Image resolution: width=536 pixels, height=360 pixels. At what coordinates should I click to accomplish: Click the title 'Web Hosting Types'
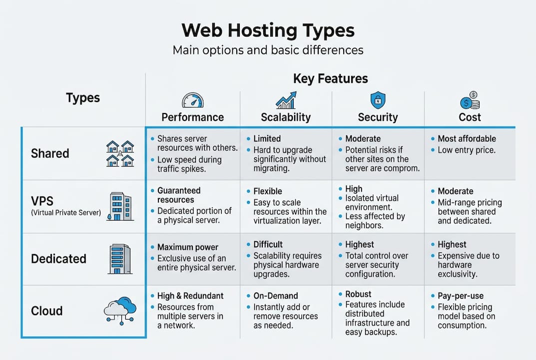268,30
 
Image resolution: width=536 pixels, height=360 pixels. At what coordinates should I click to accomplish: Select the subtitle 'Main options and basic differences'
268,50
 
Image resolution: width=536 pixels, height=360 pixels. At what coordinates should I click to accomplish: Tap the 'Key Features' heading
330,78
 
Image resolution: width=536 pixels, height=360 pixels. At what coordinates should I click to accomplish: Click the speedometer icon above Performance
192,100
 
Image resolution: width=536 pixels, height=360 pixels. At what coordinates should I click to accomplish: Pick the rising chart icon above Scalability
286,100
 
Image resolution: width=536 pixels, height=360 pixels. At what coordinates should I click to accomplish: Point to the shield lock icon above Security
378,100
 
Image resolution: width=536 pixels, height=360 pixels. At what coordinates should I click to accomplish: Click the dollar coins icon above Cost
470,100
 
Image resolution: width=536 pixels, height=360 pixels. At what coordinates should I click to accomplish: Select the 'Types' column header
83,97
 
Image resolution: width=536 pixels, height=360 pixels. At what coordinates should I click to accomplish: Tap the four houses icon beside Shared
120,153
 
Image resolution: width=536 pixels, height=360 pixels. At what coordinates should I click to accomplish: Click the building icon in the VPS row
119,206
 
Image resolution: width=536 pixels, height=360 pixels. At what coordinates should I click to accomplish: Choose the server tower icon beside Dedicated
120,258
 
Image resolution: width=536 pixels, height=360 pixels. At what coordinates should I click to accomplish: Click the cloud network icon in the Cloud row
120,310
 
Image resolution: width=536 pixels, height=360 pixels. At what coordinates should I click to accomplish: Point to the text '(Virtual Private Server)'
66,213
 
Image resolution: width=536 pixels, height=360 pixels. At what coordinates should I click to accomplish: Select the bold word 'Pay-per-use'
461,296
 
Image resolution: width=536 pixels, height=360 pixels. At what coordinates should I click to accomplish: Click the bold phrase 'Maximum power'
188,247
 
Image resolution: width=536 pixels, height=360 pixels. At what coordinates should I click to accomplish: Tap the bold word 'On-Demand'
275,296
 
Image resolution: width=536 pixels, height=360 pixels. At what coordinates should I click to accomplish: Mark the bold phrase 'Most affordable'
467,138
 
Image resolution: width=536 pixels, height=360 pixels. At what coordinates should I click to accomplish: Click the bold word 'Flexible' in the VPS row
268,191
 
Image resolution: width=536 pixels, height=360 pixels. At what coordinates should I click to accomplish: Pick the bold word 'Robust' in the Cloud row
358,294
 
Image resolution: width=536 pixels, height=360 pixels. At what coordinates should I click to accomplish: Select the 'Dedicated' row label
58,259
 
